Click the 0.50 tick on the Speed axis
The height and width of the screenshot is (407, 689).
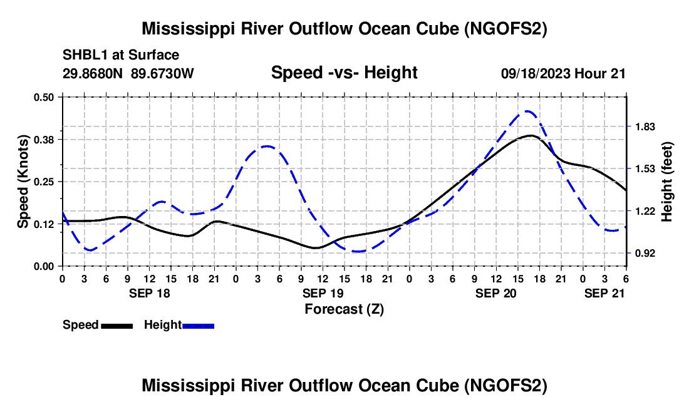43,97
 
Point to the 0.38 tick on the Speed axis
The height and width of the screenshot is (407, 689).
43,140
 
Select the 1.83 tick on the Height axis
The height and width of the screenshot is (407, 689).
645,127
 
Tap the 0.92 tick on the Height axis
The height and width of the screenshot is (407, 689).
645,254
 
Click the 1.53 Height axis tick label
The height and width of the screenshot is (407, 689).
645,169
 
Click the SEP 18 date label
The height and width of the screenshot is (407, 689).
150,293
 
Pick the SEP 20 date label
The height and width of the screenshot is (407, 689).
495,293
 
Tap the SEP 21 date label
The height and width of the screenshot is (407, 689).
604,293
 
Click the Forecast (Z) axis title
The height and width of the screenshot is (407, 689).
344,309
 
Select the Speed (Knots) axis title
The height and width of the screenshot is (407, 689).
23,182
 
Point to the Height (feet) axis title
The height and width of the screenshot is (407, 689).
666,182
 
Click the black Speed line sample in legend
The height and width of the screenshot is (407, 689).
117,326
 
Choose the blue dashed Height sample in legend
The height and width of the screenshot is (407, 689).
198,326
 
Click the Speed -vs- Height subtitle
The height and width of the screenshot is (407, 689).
344,73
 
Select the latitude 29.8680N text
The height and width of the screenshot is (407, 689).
93,73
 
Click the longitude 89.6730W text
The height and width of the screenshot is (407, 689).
162,73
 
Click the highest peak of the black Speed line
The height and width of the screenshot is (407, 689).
531,136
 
